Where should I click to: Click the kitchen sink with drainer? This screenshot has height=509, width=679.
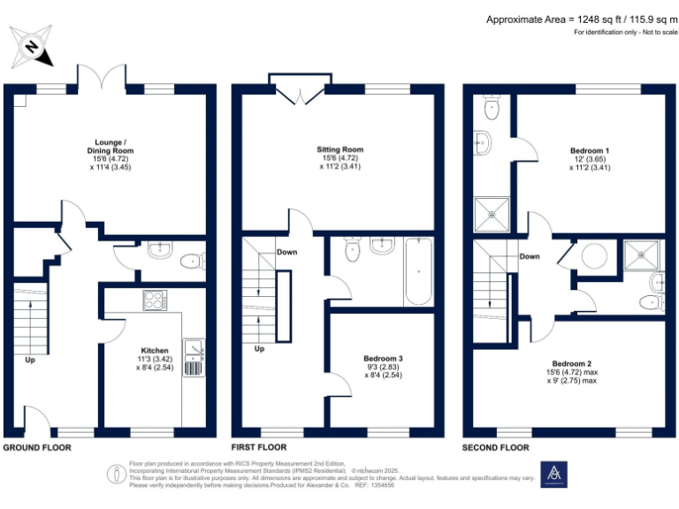point(193,358)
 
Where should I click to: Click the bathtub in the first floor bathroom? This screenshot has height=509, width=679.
point(417,271)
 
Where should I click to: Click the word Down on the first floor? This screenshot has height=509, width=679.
point(286,252)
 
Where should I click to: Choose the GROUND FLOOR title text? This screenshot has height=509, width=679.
point(37,448)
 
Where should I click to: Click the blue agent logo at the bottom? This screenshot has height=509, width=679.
point(554,475)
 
